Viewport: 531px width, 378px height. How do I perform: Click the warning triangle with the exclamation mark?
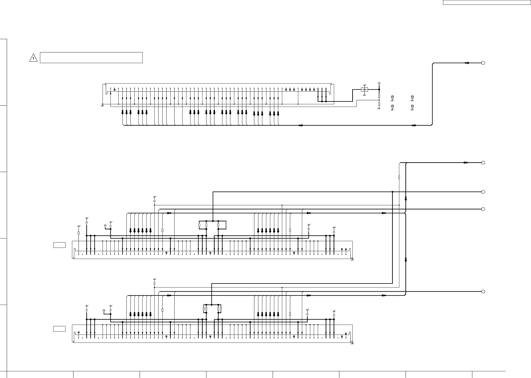(33, 58)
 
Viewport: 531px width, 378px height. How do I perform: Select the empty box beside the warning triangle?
(91, 58)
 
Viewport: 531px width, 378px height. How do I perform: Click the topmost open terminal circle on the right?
(483, 63)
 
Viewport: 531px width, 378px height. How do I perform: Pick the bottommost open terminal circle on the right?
(483, 292)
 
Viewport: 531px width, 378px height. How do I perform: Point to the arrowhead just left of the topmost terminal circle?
(467, 63)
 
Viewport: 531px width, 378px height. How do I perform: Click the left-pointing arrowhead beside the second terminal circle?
(465, 163)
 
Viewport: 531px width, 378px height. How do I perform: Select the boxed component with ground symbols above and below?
(364, 89)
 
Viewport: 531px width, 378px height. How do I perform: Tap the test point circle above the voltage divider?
(379, 83)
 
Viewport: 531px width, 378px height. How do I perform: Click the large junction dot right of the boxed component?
(379, 89)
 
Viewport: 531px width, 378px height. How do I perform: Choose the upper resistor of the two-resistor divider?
(379, 96)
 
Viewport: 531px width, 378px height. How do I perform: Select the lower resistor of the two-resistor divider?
(379, 104)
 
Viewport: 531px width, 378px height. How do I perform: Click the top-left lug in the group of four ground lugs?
(392, 97)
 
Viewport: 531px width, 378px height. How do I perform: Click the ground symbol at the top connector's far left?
(102, 105)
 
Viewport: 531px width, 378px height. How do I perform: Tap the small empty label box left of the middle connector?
(59, 245)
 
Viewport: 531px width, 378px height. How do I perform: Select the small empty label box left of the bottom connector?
(59, 329)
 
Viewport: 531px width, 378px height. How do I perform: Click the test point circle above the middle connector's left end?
(105, 226)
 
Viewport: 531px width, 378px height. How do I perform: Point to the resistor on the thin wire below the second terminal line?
(399, 177)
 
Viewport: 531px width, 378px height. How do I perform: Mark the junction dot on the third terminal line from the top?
(392, 192)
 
